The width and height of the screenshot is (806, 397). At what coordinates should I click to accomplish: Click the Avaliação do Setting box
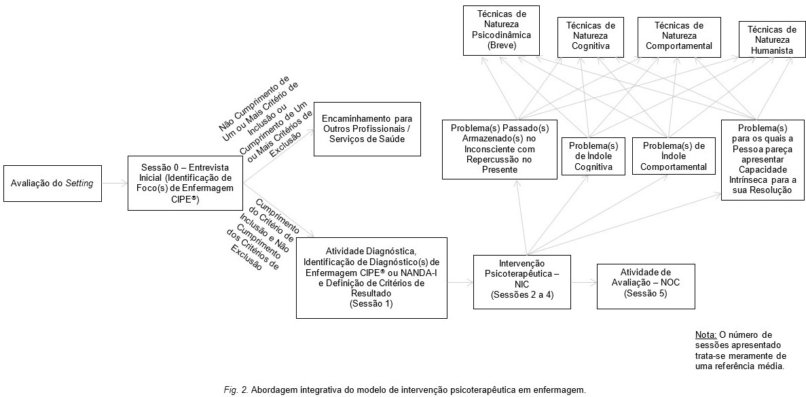pyautogui.click(x=52, y=184)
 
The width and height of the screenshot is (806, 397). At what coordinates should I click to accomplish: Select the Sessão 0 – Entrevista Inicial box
pyautogui.click(x=185, y=184)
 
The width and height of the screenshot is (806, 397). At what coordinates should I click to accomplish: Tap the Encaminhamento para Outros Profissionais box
pyautogui.click(x=367, y=130)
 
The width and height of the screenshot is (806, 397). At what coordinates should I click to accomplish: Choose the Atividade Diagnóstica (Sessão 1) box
pyautogui.click(x=371, y=277)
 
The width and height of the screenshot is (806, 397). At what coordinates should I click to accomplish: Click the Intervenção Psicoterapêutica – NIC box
pyautogui.click(x=521, y=280)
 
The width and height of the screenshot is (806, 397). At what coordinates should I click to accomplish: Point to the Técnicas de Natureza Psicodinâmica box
pyautogui.click(x=502, y=31)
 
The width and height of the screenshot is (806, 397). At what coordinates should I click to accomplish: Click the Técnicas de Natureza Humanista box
pyautogui.click(x=771, y=41)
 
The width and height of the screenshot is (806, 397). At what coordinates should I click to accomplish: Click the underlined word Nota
pyautogui.click(x=706, y=335)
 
